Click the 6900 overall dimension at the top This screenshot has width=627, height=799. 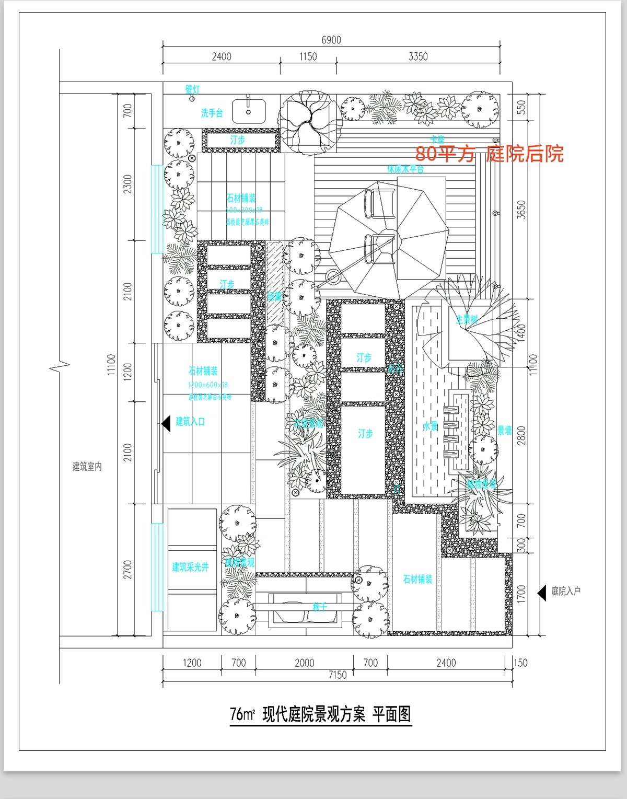tap(331, 40)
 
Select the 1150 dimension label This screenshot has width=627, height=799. tap(308, 56)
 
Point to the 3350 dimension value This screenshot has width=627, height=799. tap(418, 56)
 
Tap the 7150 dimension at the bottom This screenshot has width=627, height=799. tap(337, 675)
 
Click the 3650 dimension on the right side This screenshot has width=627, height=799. tap(521, 209)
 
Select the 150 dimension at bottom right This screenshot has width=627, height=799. tap(520, 663)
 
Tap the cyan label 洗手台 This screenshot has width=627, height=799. tap(212, 113)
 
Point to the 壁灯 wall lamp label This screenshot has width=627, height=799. tap(192, 90)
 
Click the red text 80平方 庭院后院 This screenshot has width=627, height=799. tap(489, 154)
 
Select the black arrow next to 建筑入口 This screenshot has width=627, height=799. tap(166, 423)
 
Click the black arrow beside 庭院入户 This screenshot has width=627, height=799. tap(542, 592)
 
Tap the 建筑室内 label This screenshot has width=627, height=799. tap(87, 467)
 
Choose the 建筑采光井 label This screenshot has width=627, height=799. tap(190, 567)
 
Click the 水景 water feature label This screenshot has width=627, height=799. tap(430, 426)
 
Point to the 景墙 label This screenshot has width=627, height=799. tap(504, 431)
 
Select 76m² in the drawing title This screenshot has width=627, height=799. tap(242, 714)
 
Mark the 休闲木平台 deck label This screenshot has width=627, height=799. tap(405, 169)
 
